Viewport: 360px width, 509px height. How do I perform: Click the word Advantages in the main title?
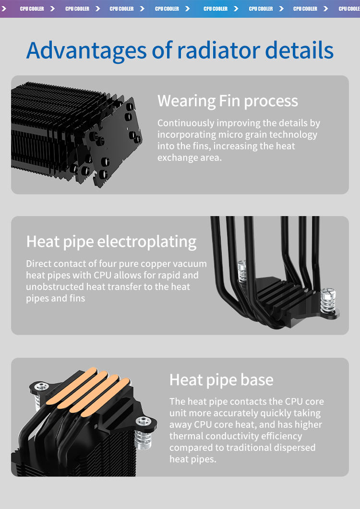[x=87, y=50]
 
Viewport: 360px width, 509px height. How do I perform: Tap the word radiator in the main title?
[x=219, y=50]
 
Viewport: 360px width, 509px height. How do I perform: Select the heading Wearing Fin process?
[x=228, y=101]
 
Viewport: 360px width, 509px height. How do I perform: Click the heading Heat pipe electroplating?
[x=111, y=242]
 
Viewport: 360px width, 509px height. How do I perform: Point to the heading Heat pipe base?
[x=221, y=380]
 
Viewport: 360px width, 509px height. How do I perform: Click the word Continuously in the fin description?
[x=186, y=123]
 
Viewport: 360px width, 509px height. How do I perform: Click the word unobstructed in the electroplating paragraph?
[x=55, y=287]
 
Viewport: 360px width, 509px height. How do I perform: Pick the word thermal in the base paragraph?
[x=186, y=436]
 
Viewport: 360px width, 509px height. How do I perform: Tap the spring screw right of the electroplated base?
[x=328, y=303]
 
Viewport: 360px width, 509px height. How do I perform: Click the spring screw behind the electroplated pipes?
[x=242, y=272]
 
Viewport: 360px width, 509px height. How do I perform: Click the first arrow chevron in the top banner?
[x=4, y=9]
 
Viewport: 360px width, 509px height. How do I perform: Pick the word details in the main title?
[x=300, y=50]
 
